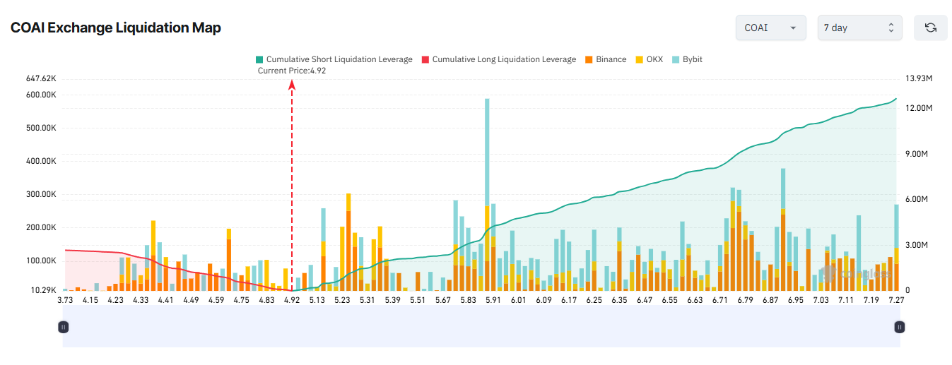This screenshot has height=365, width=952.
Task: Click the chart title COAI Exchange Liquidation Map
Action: click(115, 28)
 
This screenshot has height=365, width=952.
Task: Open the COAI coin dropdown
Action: click(770, 28)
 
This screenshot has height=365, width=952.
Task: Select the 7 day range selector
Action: click(859, 28)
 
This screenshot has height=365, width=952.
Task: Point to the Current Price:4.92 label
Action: click(292, 71)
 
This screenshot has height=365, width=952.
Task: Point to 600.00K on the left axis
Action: click(41, 95)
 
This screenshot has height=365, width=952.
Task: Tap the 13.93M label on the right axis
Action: click(919, 78)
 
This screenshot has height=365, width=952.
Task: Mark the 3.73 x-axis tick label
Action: click(65, 301)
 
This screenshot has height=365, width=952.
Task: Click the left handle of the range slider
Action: click(63, 327)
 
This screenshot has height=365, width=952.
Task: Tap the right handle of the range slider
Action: click(899, 327)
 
